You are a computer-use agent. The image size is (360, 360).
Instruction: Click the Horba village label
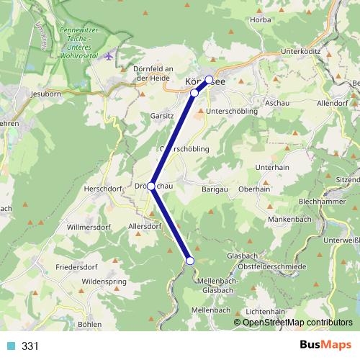pos(261,19)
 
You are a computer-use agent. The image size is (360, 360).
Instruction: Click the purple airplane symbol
pos(109,55)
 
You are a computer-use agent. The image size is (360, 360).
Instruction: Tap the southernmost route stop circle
pos(190,261)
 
